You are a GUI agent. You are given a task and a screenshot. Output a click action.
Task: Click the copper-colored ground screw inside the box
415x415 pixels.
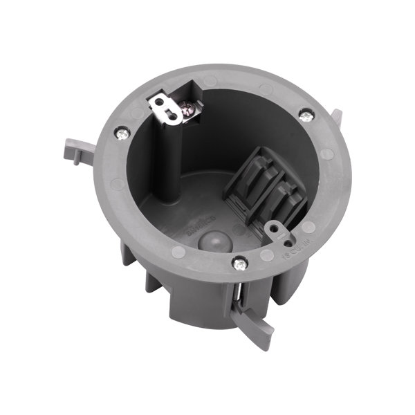click(x=187, y=107)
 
